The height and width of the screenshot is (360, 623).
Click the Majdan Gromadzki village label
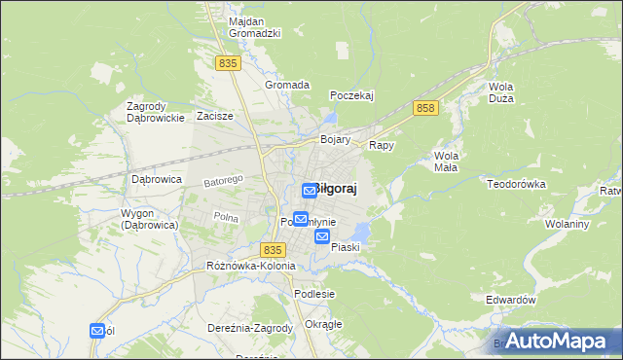pyautogui.click(x=254, y=27)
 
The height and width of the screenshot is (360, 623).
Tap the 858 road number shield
pyautogui.click(x=423, y=108)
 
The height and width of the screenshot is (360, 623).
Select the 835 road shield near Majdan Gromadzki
pyautogui.click(x=228, y=62)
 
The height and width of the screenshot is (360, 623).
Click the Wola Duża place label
pyautogui.click(x=501, y=92)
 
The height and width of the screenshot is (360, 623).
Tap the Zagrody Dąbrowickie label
pyautogui.click(x=156, y=112)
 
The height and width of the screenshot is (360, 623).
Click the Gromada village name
pyautogui.click(x=287, y=85)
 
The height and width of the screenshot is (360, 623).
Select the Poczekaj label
pyautogui.click(x=351, y=95)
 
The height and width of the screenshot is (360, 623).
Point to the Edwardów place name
pyautogui.click(x=511, y=301)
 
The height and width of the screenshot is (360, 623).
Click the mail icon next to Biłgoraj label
pyautogui.click(x=309, y=191)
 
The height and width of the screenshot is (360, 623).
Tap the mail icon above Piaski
pyautogui.click(x=322, y=235)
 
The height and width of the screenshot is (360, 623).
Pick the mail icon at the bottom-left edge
pyautogui.click(x=97, y=331)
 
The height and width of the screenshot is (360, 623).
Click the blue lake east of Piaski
pyautogui.click(x=361, y=233)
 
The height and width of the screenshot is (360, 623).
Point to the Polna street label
pyautogui.click(x=226, y=217)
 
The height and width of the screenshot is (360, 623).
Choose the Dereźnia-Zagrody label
pyautogui.click(x=250, y=328)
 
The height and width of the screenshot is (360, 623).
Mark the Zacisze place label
pyautogui.click(x=215, y=116)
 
